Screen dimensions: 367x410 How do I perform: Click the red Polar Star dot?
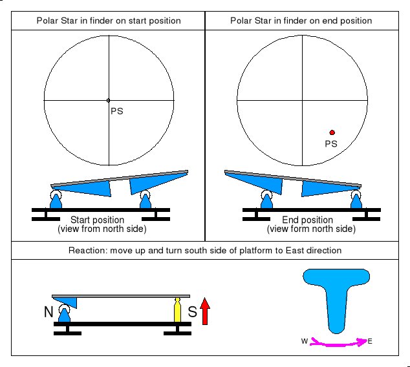pyautogui.click(x=332, y=132)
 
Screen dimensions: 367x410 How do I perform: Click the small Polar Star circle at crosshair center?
pyautogui.click(x=109, y=100)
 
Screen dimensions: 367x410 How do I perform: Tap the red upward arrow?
pyautogui.click(x=205, y=310)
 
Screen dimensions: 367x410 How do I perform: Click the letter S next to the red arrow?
pyautogui.click(x=192, y=313)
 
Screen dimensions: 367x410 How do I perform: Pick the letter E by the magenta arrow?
pyautogui.click(x=370, y=341)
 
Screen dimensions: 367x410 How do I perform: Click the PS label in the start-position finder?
pyautogui.click(x=117, y=111)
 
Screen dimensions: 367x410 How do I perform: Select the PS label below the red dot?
pyautogui.click(x=330, y=143)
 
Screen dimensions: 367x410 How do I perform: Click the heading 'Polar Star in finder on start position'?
pyautogui.click(x=108, y=21)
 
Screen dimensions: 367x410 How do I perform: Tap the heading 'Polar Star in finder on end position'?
pyautogui.click(x=307, y=21)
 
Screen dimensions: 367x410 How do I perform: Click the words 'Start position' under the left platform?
pyautogui.click(x=97, y=220)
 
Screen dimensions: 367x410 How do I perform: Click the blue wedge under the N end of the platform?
pyautogui.click(x=67, y=301)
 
